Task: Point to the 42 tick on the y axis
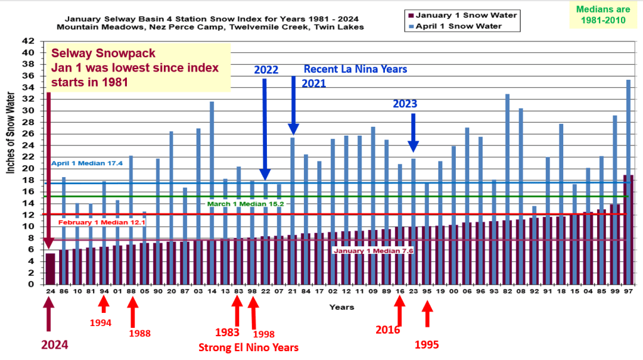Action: point(30,41)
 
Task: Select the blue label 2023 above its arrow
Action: point(405,104)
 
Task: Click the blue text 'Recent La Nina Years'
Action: point(355,69)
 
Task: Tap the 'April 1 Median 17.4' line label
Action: point(78,163)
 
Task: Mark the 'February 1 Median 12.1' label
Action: point(93,222)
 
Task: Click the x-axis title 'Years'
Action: point(342,307)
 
